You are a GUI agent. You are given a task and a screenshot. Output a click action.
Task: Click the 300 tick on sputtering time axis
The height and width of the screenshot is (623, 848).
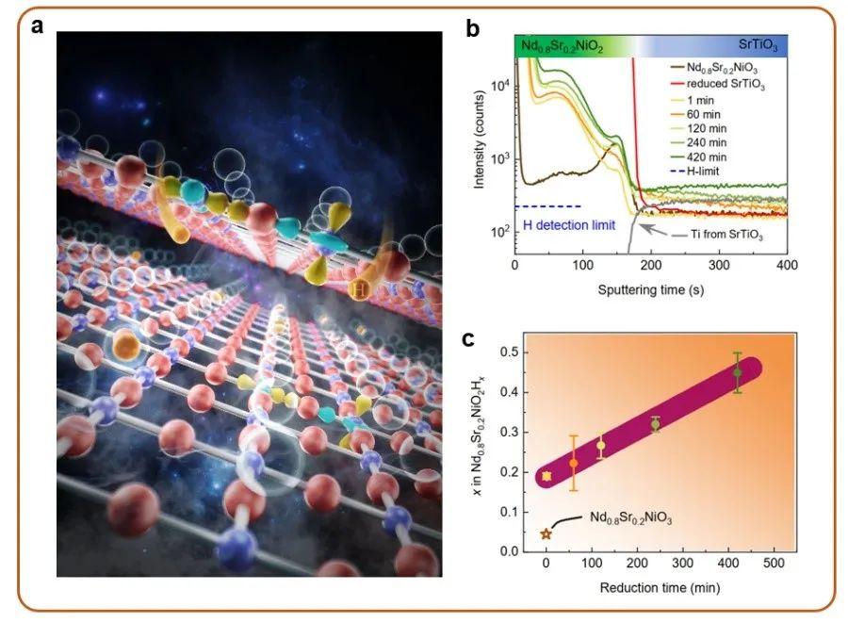(719, 270)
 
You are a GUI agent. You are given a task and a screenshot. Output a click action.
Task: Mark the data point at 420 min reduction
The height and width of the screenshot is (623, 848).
(738, 373)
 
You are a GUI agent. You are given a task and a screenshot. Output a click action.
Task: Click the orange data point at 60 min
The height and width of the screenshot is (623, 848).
(573, 463)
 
